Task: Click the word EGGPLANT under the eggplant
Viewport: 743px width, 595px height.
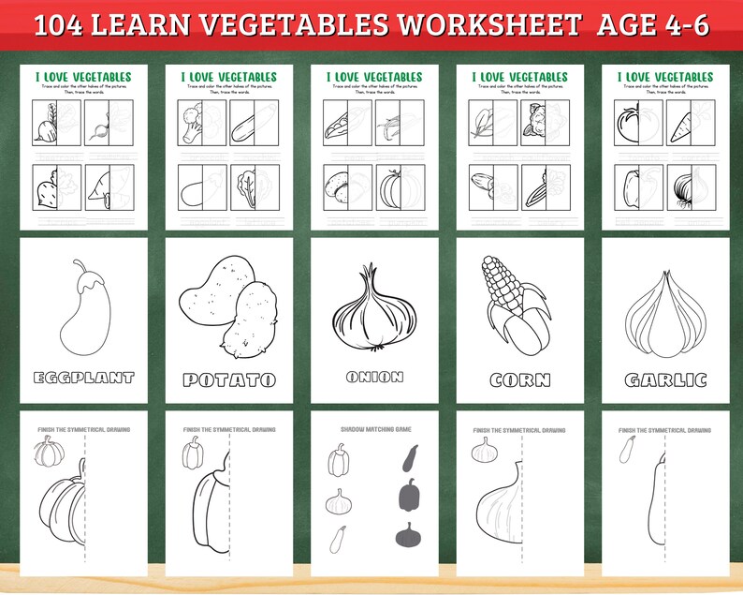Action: pos(83,379)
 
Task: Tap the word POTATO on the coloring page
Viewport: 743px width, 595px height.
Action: pos(229,379)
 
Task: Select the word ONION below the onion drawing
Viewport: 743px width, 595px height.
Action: pos(374,377)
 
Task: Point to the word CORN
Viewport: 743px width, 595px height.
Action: pos(520,380)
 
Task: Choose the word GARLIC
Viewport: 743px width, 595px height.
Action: pos(666,380)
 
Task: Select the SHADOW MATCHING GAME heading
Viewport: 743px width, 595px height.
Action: pos(374,429)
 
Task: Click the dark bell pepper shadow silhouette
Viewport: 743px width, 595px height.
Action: pos(408,495)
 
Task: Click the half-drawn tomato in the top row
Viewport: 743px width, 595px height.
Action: pos(626,123)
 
